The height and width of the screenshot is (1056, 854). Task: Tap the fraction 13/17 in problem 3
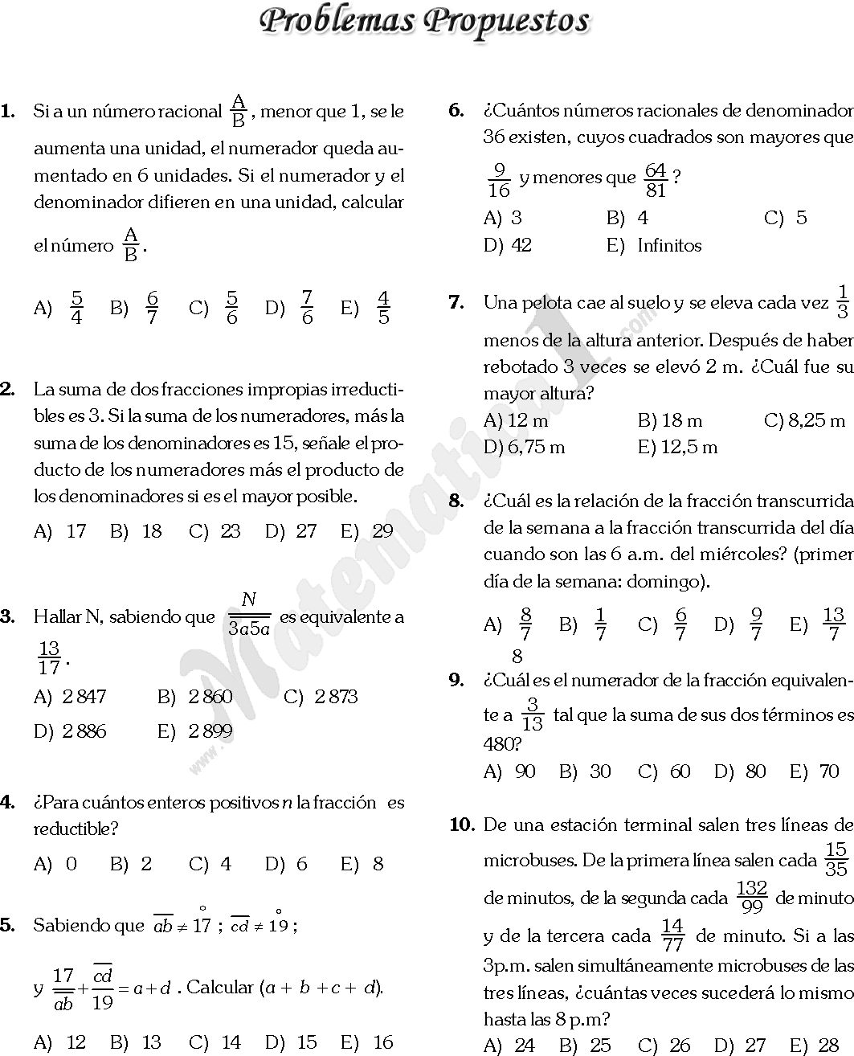coord(49,658)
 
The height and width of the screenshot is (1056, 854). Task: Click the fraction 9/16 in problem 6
coord(499,180)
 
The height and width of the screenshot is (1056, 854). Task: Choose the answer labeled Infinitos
coord(669,245)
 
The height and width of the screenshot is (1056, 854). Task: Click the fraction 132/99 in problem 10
coord(751,898)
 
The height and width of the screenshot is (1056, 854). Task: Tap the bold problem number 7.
coord(456,302)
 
